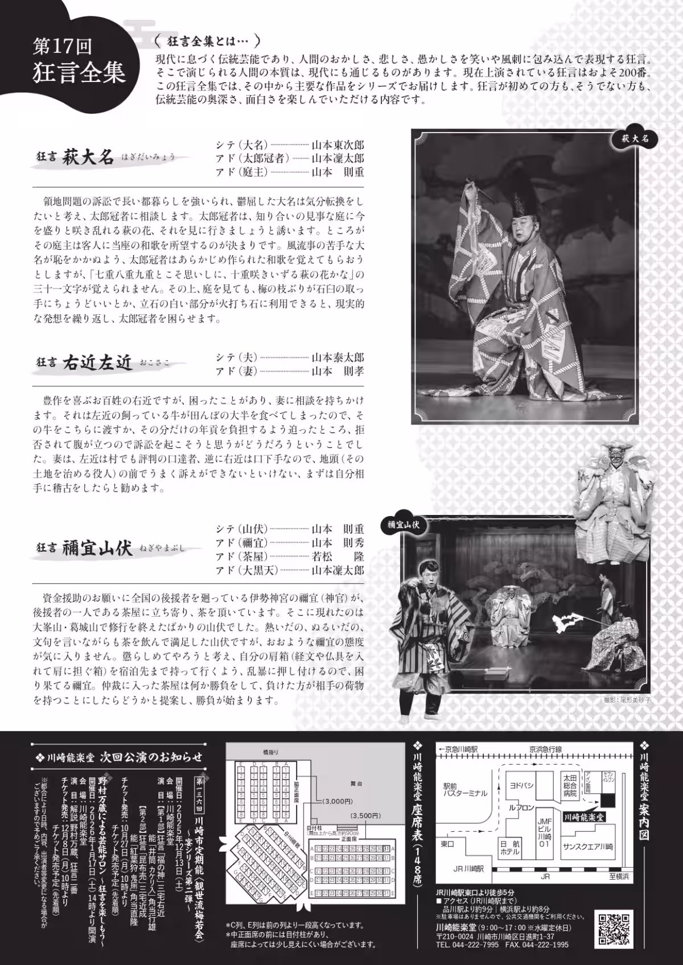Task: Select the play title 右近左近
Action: pos(97,362)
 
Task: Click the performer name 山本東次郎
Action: pos(338,145)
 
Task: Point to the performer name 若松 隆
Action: pos(338,556)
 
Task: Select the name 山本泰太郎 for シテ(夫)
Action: pos(338,358)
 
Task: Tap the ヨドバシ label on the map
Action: pos(521,785)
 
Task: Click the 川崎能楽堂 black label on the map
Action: pos(583,816)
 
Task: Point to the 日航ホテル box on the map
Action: pos(509,848)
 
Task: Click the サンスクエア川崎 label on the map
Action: pos(588,847)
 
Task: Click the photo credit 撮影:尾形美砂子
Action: pos(627,700)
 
